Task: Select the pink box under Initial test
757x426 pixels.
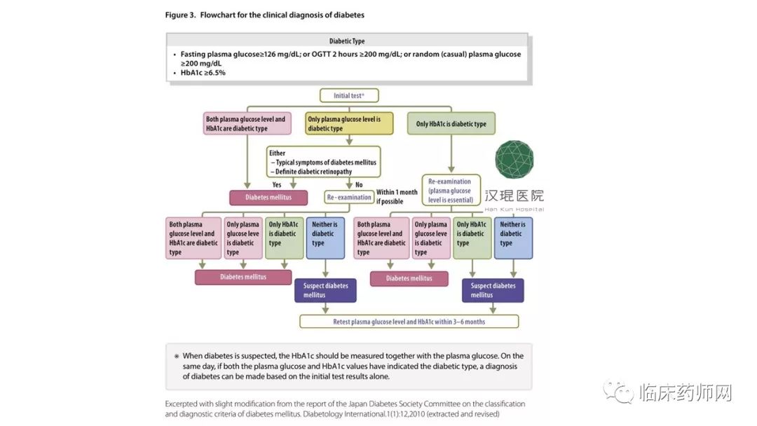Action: tap(246, 124)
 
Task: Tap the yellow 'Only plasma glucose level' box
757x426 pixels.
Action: tap(344, 124)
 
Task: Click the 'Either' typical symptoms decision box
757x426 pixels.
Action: tap(322, 162)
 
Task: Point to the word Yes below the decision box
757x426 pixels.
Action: tap(277, 185)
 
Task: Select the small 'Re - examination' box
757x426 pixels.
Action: tap(348, 198)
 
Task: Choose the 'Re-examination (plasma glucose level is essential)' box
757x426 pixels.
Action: tap(450, 191)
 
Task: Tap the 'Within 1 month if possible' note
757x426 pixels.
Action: tap(397, 197)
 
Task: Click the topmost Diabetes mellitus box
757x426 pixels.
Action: tap(260, 198)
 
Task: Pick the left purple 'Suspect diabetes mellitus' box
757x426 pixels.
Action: tap(325, 290)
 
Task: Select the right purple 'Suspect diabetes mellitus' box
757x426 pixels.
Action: tap(493, 290)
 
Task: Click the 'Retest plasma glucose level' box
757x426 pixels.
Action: tap(409, 322)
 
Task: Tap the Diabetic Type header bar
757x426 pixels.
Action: tap(347, 41)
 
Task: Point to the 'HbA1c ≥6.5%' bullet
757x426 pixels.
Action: tap(203, 72)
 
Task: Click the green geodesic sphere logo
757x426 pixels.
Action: tap(514, 160)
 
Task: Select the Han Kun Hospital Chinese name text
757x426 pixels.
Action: tap(514, 196)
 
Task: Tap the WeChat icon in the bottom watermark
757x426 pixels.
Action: tap(620, 393)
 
